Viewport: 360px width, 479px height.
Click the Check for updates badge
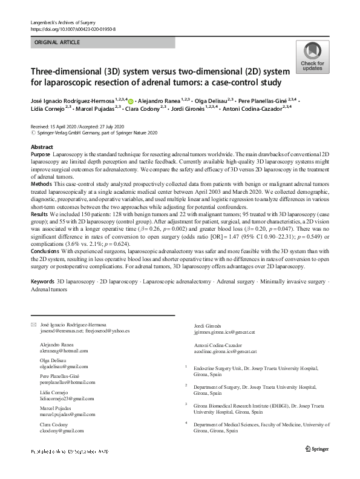pos(312,58)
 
